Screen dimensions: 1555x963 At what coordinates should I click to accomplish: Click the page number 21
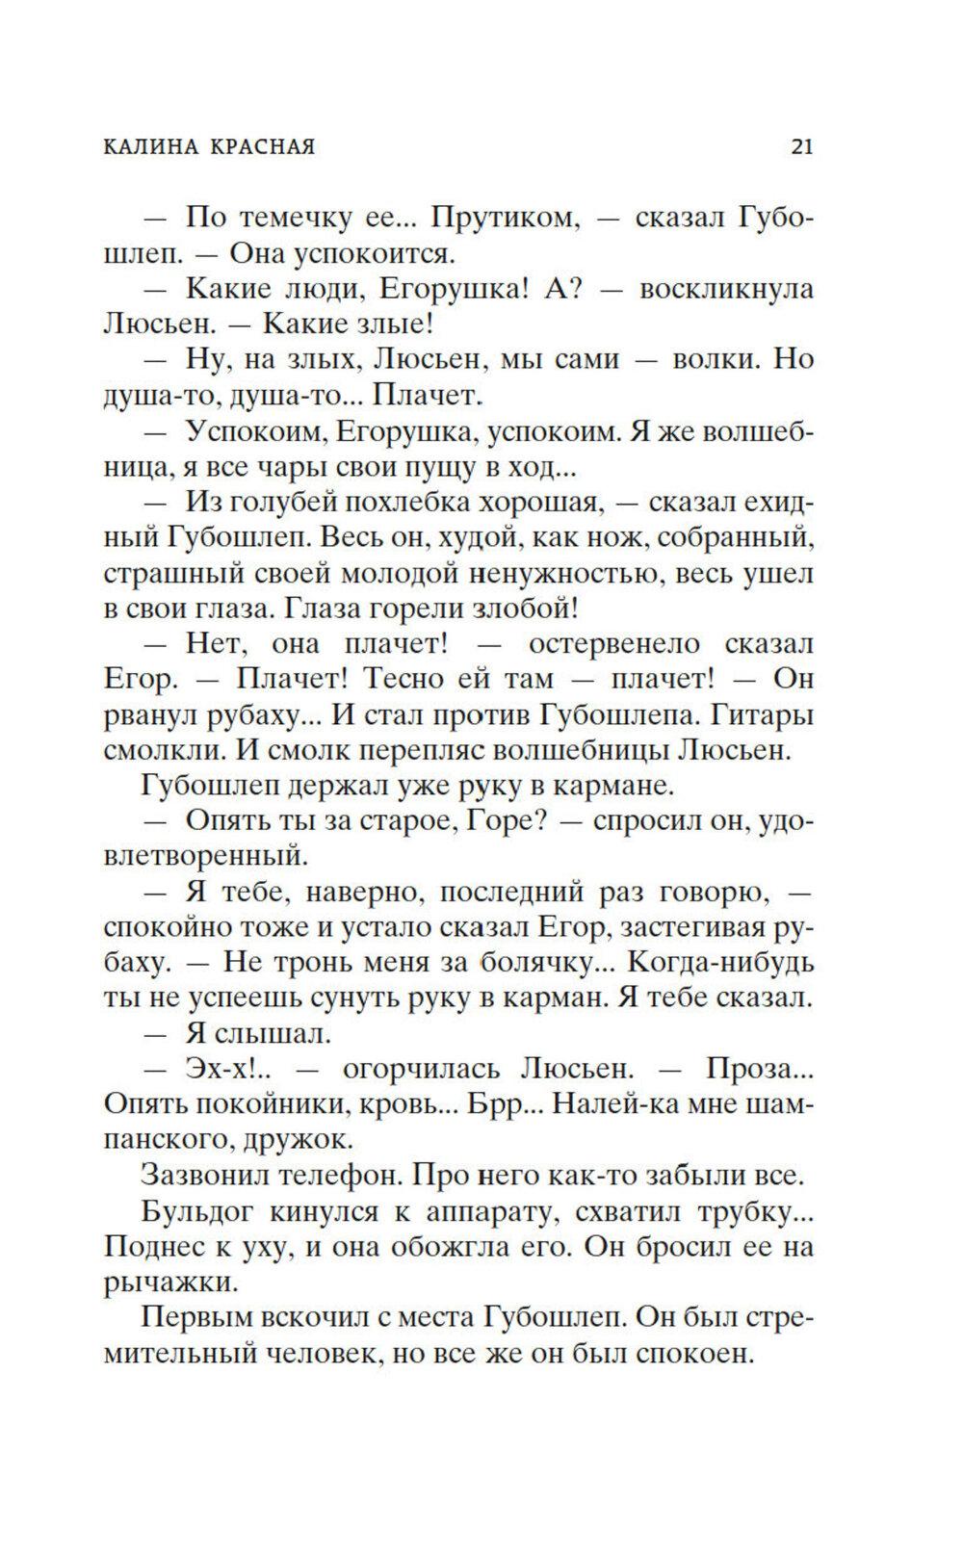point(801,146)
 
